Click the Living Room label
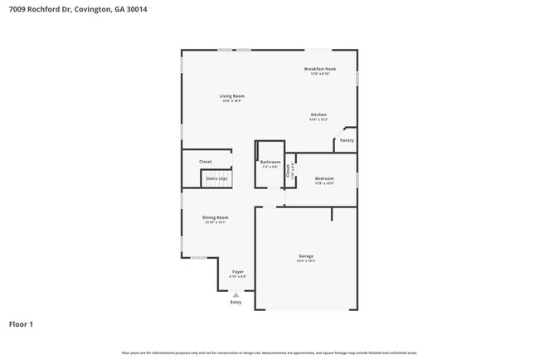point(231,96)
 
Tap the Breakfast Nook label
point(319,69)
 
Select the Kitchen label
point(319,114)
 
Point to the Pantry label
point(347,141)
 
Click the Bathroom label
point(270,162)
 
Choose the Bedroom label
point(324,178)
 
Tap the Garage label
point(306,255)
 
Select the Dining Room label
point(215,217)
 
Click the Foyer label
point(238,271)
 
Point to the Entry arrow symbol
point(236,294)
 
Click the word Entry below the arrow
point(236,302)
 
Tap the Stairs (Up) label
point(216,178)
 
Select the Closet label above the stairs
point(205,162)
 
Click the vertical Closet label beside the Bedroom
point(288,171)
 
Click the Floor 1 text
point(22,324)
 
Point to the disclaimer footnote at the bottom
point(269,353)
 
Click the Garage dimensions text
point(306,260)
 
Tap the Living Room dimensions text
point(231,101)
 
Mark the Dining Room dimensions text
point(215,222)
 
